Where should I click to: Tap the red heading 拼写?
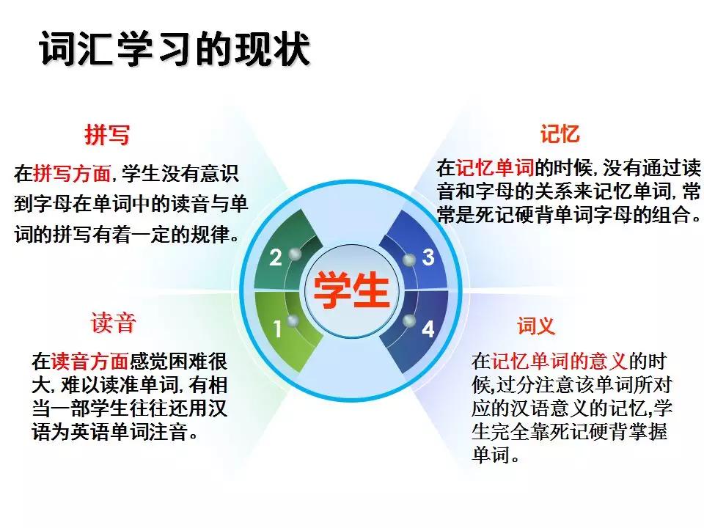(x=107, y=135)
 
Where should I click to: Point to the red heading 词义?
(x=535, y=326)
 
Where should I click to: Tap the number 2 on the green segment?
(x=276, y=258)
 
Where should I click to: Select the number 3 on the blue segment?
(x=428, y=257)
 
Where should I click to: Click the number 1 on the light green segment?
(x=277, y=329)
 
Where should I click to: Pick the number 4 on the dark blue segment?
(x=428, y=329)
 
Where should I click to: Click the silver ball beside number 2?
(x=296, y=254)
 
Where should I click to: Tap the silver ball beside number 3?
(x=409, y=258)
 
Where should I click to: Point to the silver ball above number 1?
(x=293, y=320)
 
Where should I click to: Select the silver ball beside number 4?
(x=408, y=321)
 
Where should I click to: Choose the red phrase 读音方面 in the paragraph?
(x=89, y=361)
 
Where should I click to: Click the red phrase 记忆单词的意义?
(x=558, y=361)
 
